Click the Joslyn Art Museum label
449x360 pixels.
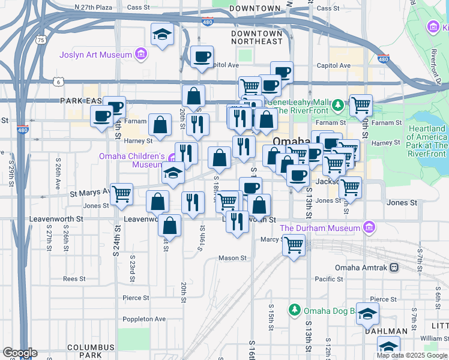(x=95, y=55)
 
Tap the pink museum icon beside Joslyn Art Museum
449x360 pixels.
(x=141, y=55)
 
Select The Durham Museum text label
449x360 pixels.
(x=320, y=228)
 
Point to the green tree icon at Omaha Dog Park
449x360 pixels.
(x=294, y=310)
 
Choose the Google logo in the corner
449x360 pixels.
(x=20, y=353)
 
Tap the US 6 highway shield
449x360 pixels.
(x=58, y=81)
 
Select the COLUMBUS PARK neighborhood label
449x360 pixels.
(x=91, y=352)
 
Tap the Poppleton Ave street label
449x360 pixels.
(x=144, y=319)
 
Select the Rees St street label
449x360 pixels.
(x=74, y=279)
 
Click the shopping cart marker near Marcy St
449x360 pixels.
(x=294, y=244)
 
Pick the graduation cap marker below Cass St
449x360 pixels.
(x=161, y=34)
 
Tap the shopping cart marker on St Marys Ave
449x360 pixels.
(x=121, y=193)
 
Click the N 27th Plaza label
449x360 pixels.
(x=94, y=8)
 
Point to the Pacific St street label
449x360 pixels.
(x=328, y=279)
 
